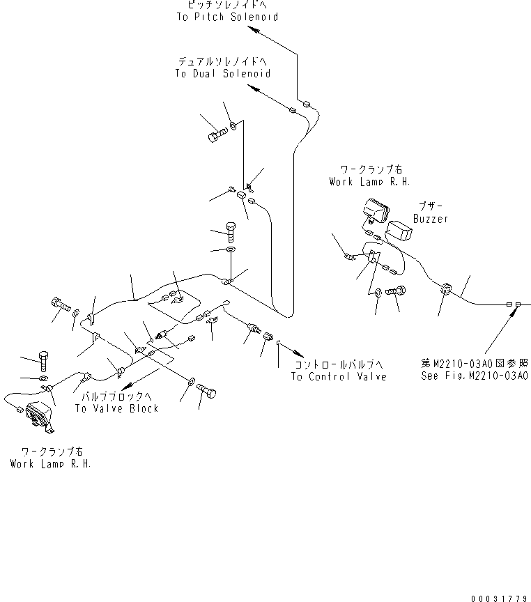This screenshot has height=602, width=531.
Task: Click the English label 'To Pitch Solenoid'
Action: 226,17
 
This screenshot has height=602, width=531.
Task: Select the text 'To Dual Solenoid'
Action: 222,73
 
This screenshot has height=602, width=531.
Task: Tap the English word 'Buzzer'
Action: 430,218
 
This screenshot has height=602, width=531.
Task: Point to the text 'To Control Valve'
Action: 338,377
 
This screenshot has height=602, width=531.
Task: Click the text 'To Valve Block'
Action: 116,408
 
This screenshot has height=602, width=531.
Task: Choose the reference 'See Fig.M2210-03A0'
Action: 474,376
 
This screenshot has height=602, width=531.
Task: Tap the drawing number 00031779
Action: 499,597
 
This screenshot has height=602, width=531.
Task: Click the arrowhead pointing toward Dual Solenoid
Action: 254,88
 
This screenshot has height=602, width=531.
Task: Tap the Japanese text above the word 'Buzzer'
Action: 430,206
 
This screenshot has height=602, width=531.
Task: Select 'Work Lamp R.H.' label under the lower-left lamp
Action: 49,464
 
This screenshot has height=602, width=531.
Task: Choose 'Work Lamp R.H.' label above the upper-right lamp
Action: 369,181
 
